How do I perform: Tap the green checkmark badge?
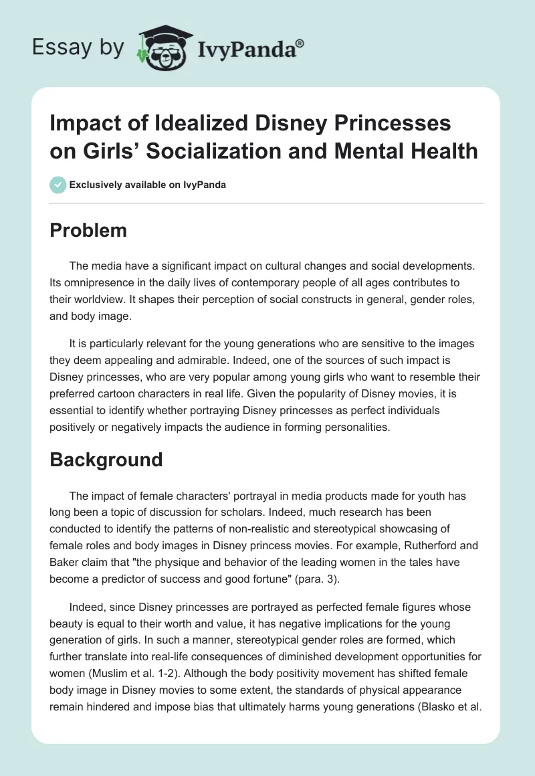coord(58,185)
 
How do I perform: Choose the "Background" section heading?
coord(107,460)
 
